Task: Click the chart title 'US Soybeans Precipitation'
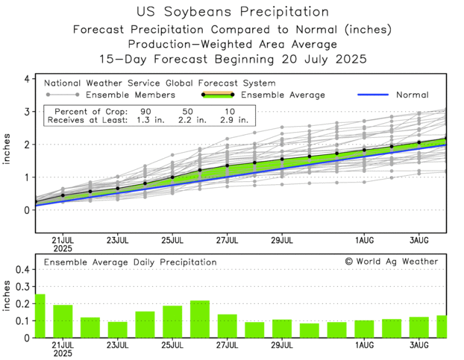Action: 233,12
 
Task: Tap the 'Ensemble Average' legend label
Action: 293,95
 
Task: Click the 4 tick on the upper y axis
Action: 26,79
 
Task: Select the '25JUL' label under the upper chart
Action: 172,241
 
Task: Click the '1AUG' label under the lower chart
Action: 364,347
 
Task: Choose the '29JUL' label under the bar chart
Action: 282,347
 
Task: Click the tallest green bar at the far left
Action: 40,316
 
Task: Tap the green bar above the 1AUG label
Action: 364,329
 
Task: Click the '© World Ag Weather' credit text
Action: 391,262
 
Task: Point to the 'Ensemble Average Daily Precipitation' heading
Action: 131,262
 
